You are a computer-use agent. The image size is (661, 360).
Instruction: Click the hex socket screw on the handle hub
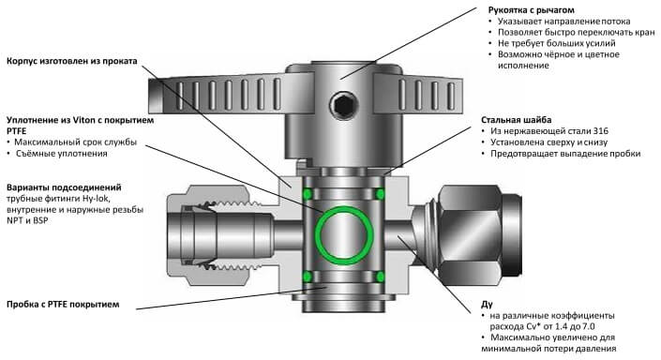[x=343, y=105]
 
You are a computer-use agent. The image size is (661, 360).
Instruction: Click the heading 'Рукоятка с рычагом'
[x=532, y=9]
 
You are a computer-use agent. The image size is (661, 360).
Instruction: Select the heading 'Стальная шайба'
[x=516, y=120]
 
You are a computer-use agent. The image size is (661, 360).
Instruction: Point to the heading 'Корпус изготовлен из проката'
[x=72, y=61]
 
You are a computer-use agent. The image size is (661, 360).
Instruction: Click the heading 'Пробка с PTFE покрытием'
[x=63, y=305]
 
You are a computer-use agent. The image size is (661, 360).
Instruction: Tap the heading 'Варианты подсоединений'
[x=64, y=187]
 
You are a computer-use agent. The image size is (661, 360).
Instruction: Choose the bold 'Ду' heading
[x=487, y=305]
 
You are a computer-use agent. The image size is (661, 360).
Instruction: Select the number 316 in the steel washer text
[x=601, y=131]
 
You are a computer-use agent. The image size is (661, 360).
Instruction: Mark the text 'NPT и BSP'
[x=27, y=220]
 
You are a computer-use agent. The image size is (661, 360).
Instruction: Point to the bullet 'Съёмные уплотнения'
[x=62, y=154]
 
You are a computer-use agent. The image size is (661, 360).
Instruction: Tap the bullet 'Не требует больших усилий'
[x=556, y=43]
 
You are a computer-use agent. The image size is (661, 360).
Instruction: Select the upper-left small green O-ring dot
[x=308, y=194]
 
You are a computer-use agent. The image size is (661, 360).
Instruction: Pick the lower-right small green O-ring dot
[x=381, y=277]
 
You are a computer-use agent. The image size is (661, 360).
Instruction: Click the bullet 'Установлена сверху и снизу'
[x=548, y=142]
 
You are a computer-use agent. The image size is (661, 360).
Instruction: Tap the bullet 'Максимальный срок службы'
[x=75, y=142]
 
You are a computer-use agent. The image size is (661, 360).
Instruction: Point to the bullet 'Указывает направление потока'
[x=564, y=21]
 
